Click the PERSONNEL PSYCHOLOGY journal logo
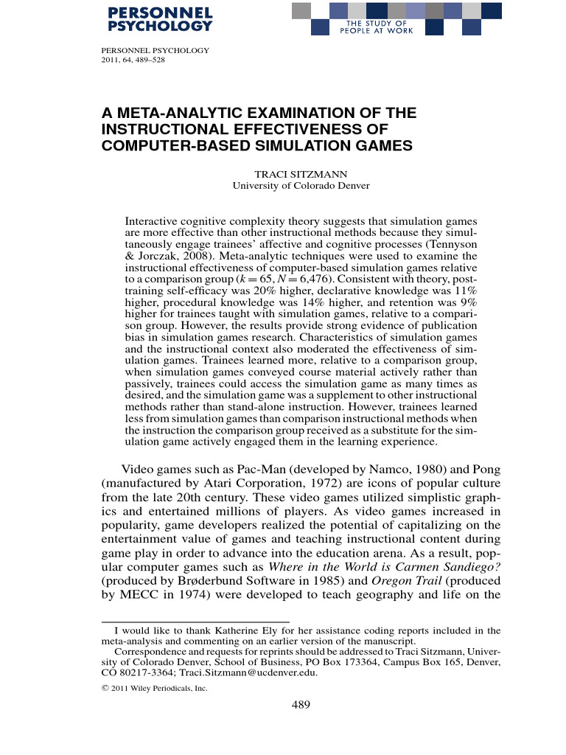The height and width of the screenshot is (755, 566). click(159, 19)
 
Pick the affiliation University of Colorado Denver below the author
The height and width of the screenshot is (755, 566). click(301, 186)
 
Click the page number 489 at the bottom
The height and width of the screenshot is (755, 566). click(301, 705)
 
